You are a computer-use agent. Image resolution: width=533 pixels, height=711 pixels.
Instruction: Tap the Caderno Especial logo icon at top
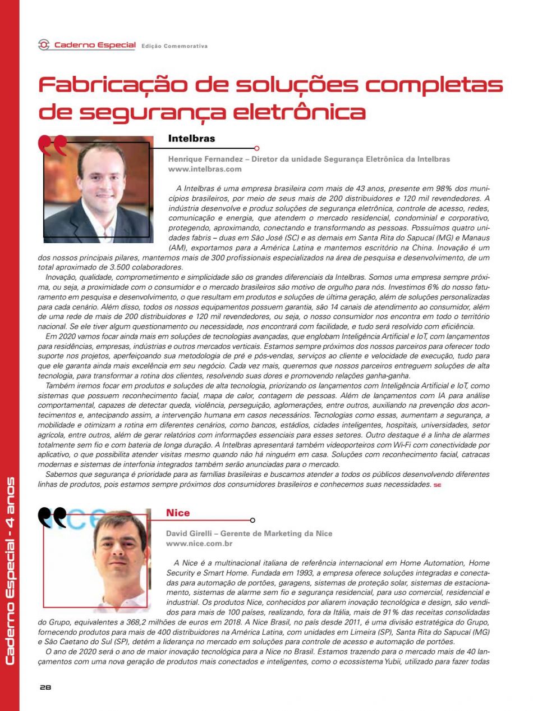coord(44,45)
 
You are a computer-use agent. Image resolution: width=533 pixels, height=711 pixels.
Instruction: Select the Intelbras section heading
coord(191,138)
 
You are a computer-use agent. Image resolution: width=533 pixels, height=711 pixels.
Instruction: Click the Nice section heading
coord(178,512)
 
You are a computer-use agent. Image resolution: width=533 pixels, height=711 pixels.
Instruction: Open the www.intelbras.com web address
coord(205,168)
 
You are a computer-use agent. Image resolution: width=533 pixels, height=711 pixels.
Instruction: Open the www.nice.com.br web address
coord(199,544)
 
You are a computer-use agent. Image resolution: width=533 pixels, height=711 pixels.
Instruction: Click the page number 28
coord(45,687)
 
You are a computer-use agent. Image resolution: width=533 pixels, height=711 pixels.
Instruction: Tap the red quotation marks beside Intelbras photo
coord(52,145)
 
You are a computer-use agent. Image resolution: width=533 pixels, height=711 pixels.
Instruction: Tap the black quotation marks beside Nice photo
coord(53,517)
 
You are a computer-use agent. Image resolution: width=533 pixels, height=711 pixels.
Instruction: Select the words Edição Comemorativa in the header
coord(174,46)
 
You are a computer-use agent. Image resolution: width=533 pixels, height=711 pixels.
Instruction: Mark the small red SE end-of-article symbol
coord(437,484)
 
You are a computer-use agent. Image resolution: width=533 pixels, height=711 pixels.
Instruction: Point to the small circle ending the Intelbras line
coord(256,148)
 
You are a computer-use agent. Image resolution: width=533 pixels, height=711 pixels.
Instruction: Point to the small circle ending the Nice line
coord(252,521)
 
